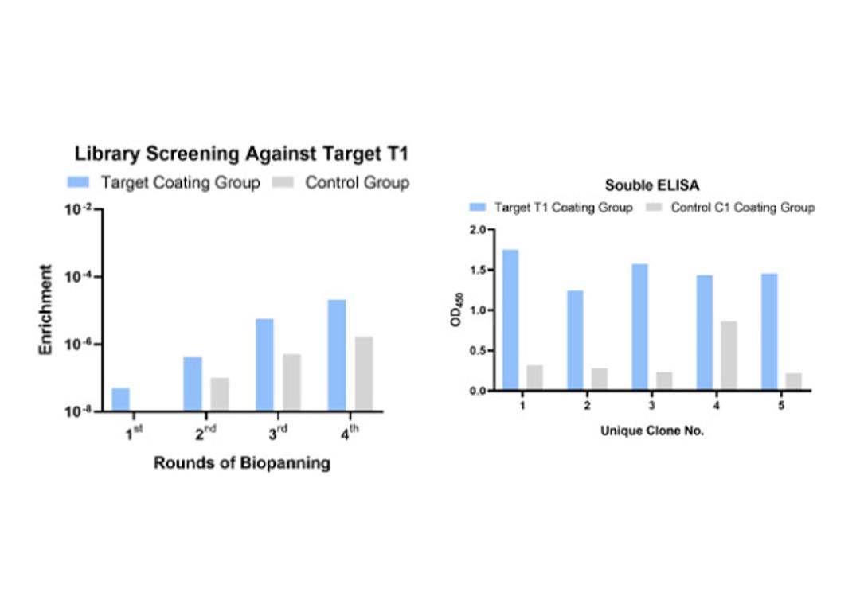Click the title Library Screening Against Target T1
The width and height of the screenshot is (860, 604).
tap(240, 153)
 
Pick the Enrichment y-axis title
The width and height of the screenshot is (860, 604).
tap(46, 310)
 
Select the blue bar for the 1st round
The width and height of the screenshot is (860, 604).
tap(120, 399)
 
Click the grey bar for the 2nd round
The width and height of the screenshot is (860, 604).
tap(219, 394)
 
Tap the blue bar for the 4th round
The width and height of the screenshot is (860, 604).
tap(337, 356)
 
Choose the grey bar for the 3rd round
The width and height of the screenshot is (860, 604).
tap(291, 382)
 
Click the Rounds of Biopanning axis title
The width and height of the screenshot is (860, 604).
tap(241, 462)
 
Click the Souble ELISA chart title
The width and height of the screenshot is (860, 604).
tap(641, 185)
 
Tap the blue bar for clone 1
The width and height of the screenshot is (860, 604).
tap(510, 320)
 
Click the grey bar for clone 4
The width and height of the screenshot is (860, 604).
tap(729, 356)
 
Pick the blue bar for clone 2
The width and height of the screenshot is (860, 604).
tap(575, 341)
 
